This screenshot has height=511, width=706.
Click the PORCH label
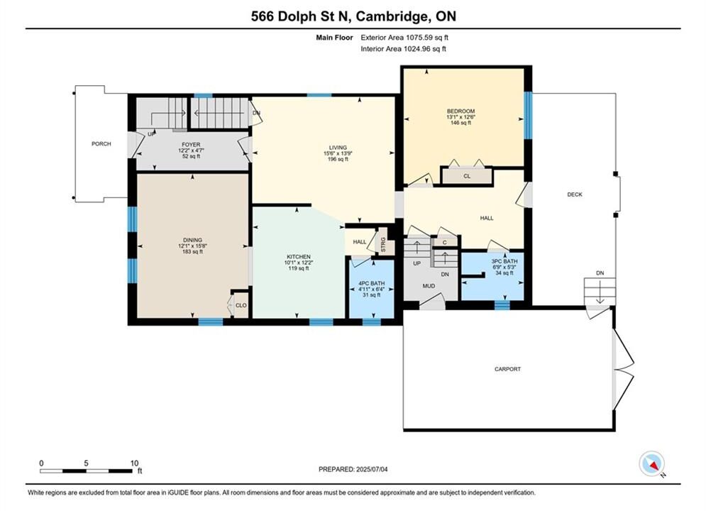[x=101, y=144]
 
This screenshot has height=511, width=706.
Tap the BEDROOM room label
[x=460, y=111]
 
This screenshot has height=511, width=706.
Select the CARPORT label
[x=507, y=369]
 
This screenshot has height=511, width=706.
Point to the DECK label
[x=575, y=194]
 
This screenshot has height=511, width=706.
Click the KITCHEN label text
[x=299, y=257]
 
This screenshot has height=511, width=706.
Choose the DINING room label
[x=192, y=240]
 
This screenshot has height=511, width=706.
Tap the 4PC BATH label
[x=372, y=284]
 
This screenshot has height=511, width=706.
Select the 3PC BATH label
[x=504, y=261]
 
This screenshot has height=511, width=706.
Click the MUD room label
[x=429, y=286]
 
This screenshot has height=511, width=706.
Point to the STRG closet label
[x=383, y=246]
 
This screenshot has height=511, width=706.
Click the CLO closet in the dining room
[x=241, y=305]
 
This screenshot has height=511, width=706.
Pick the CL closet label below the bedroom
[x=467, y=176]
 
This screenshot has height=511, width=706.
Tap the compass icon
[x=651, y=463]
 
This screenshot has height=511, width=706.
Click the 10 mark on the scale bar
[x=134, y=463]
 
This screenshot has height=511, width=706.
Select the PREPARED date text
[x=353, y=469]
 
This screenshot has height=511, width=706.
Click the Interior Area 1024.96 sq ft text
[x=403, y=49]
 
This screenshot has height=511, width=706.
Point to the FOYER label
[x=191, y=145]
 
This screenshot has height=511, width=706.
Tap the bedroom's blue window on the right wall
[x=528, y=115]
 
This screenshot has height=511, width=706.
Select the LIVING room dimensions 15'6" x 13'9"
[x=338, y=153]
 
